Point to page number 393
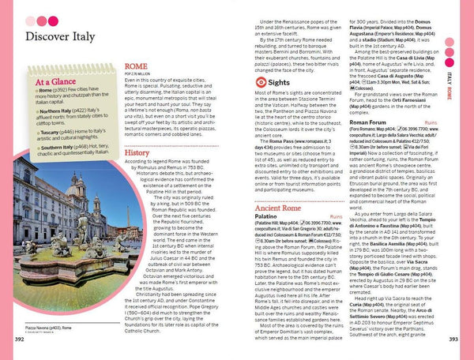(453, 339)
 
